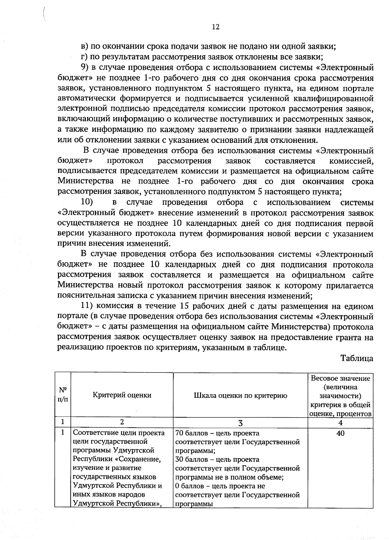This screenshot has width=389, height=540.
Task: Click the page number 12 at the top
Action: [216, 27]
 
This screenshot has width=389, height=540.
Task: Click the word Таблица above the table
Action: [357, 358]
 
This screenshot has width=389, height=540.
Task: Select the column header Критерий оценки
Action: [122, 395]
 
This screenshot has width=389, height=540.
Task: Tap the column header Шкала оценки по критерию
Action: [240, 395]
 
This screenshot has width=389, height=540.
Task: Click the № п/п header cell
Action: [63, 395]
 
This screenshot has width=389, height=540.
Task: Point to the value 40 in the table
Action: [340, 433]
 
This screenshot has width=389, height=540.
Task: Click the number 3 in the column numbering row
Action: [240, 423]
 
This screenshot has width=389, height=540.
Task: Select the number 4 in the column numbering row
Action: [340, 423]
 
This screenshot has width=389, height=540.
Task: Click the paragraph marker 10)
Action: [87, 202]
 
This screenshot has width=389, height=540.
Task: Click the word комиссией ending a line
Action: [351, 161]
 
